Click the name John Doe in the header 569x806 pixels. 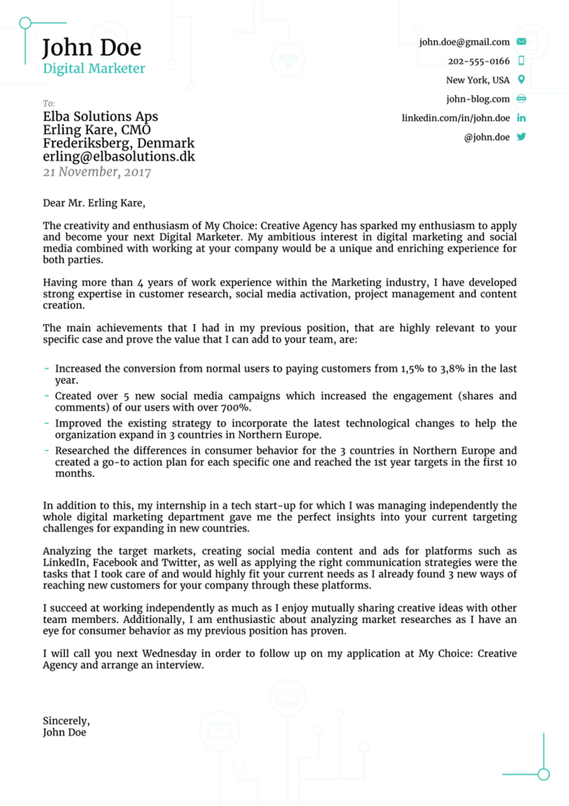coord(91,48)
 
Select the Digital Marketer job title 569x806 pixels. coord(94,69)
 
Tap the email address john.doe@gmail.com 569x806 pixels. coord(465,42)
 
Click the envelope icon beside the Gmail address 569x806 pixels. coord(521,42)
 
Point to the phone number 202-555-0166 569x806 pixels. coord(479,62)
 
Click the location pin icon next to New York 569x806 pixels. coord(521,80)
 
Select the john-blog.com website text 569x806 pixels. coord(478,99)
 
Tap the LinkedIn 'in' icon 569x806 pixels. coord(521,118)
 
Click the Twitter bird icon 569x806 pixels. coord(521,137)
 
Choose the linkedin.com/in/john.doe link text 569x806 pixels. coord(456,118)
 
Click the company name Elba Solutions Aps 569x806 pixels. coord(100,116)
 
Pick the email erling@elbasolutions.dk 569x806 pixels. coord(119,156)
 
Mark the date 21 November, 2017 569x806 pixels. coord(96,172)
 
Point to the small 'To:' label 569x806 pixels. coord(49,104)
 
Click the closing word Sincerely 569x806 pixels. coord(66,721)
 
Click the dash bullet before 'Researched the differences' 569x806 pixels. coord(47,451)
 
